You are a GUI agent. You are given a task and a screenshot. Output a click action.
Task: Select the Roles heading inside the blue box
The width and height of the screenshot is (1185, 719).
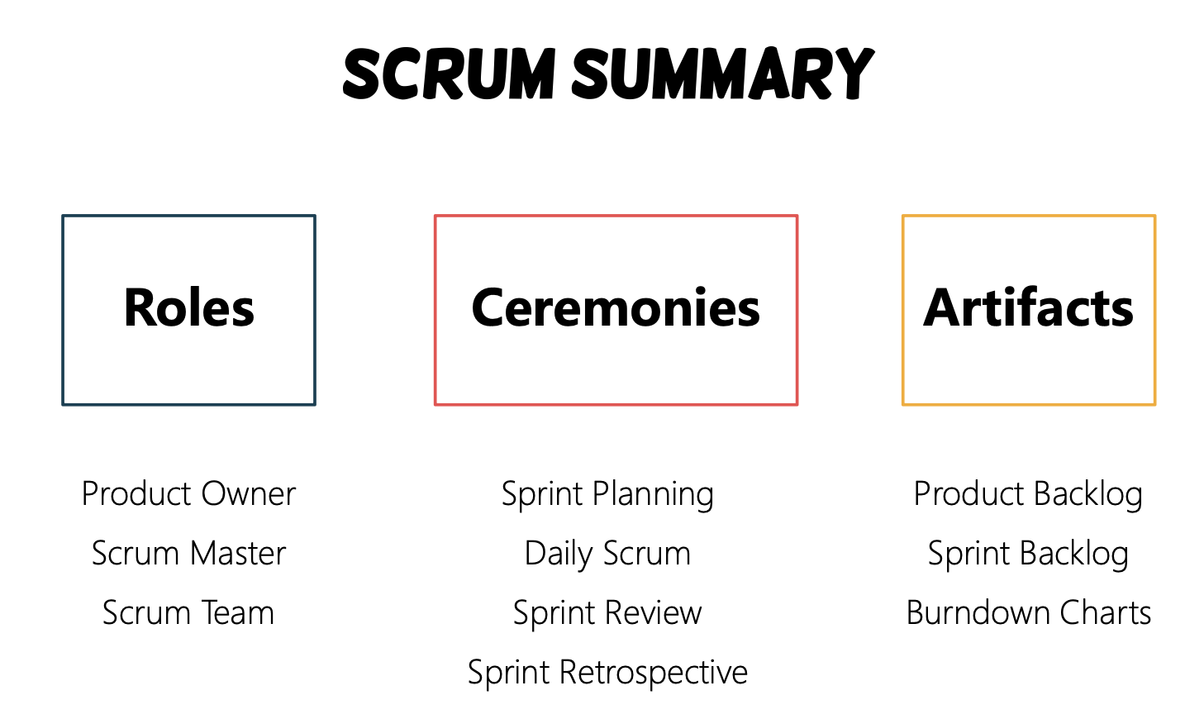click(x=189, y=307)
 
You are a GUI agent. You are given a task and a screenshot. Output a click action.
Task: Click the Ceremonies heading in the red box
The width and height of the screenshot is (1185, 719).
click(x=616, y=307)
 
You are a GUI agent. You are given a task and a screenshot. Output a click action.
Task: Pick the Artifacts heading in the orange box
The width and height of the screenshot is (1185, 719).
click(x=1029, y=307)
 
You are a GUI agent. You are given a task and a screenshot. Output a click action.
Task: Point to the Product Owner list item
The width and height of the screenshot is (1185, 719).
click(x=189, y=494)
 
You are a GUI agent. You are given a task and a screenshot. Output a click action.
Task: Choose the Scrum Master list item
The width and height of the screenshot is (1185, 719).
click(x=189, y=554)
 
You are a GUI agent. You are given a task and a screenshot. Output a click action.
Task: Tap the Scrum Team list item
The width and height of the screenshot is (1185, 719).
click(x=189, y=612)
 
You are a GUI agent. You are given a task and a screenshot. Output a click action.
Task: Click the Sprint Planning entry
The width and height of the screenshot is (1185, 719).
click(x=608, y=495)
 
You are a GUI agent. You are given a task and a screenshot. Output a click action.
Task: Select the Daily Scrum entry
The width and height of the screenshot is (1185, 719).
click(x=608, y=555)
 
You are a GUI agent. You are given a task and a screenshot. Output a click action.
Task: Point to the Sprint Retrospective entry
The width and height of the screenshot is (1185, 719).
click(x=608, y=673)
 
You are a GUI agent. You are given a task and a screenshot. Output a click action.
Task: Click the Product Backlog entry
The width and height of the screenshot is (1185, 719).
click(x=1029, y=495)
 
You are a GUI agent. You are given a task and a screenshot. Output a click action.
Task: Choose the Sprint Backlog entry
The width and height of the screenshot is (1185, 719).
click(x=1029, y=555)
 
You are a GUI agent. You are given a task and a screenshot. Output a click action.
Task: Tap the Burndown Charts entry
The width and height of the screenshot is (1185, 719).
click(x=1029, y=612)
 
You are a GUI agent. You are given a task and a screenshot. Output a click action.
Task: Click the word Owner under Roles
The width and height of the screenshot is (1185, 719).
click(x=249, y=494)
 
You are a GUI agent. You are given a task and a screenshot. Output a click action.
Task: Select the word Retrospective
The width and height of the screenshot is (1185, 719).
click(x=654, y=673)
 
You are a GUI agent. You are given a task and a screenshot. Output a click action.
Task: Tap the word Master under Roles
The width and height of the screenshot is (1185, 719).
click(x=238, y=554)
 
